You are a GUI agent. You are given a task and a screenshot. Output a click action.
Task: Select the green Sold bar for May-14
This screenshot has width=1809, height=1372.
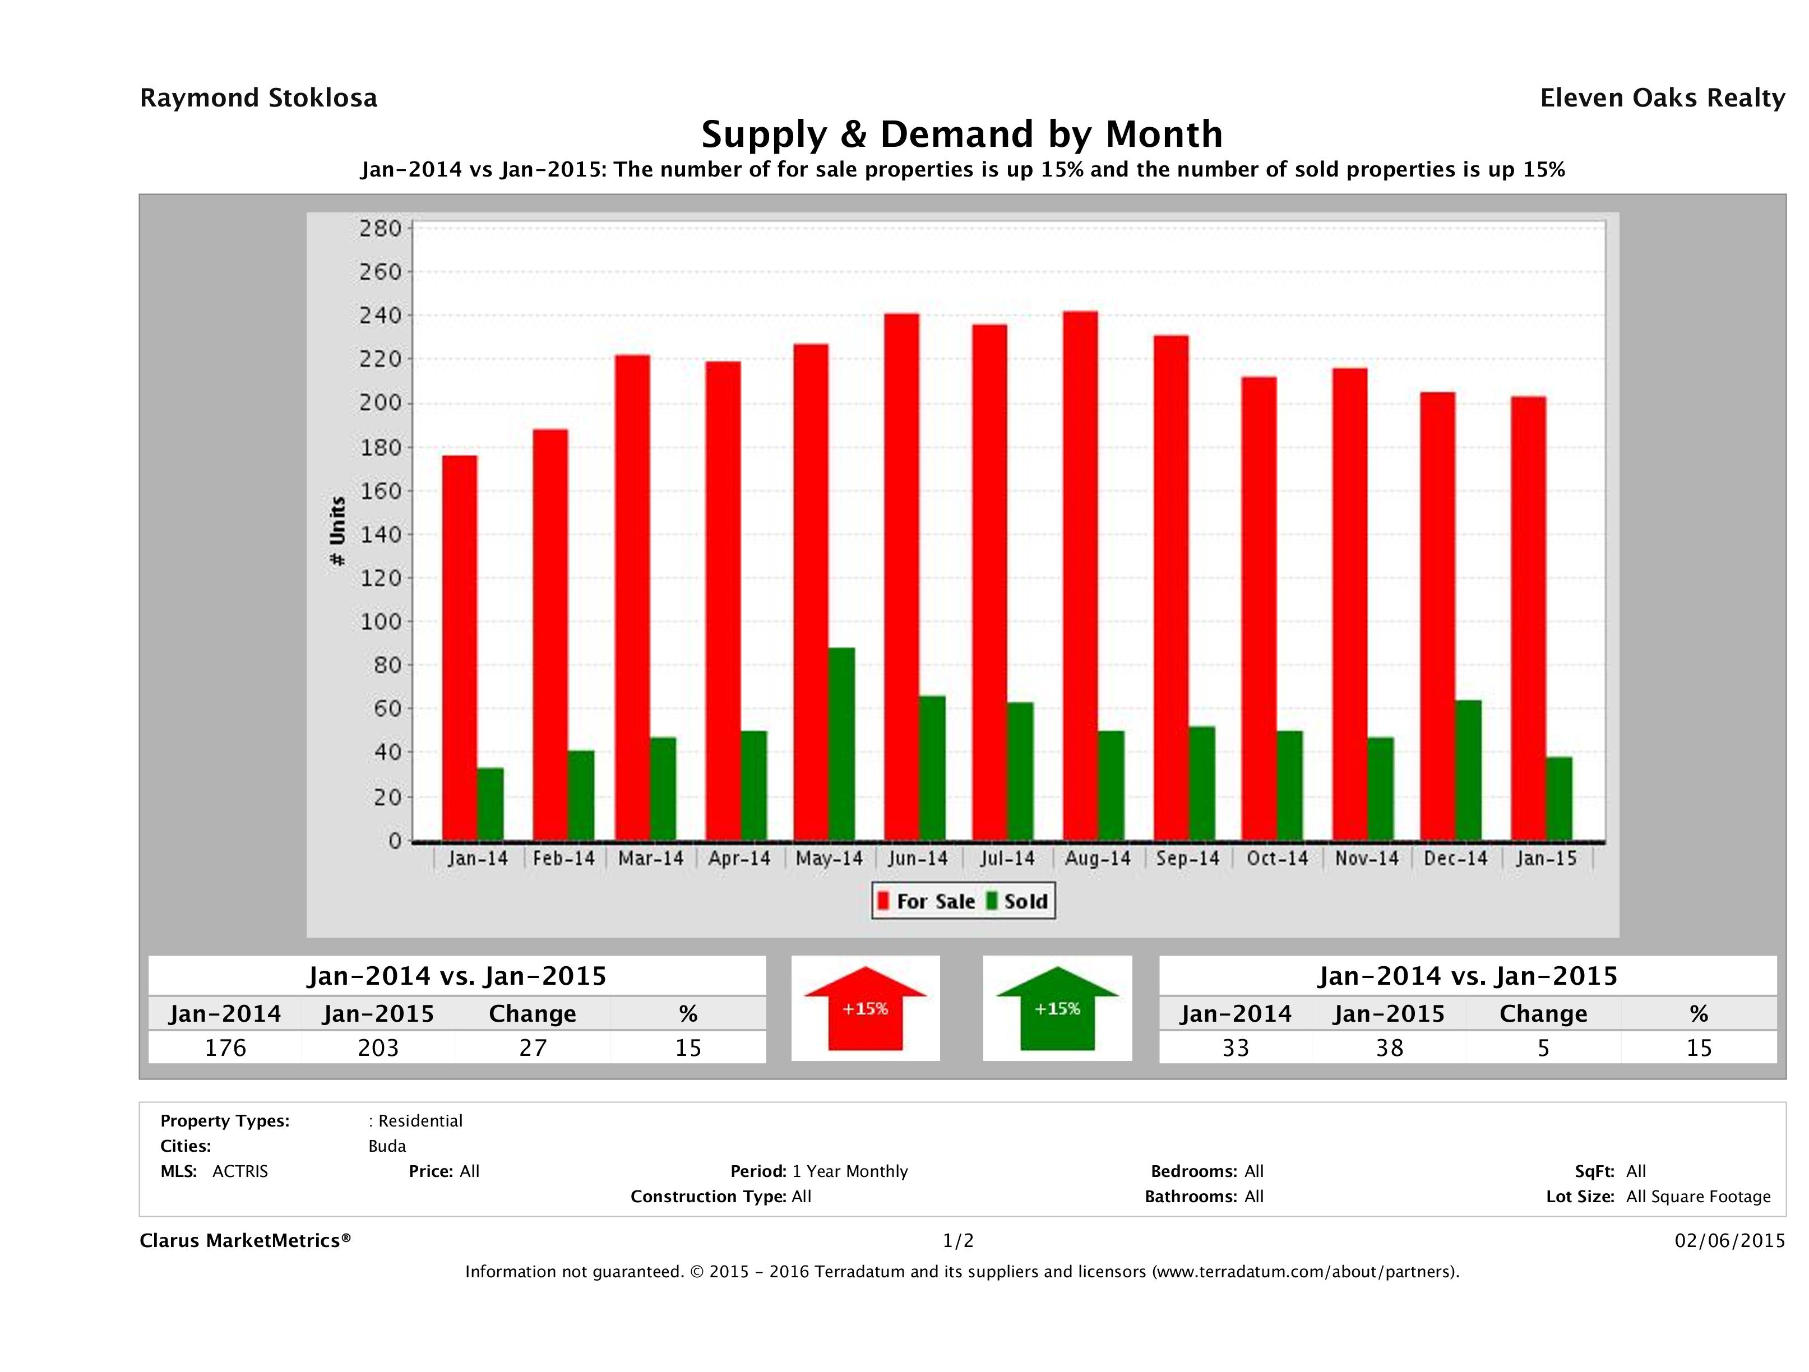[x=841, y=744]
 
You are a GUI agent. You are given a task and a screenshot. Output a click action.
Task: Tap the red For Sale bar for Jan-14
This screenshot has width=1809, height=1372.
[x=460, y=647]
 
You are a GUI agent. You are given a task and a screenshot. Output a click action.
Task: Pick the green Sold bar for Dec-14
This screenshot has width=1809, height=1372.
[x=1468, y=770]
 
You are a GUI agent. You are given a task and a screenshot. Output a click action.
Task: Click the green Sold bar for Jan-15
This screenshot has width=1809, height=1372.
[x=1559, y=799]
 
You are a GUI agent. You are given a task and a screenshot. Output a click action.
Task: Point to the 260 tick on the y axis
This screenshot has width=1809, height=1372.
[x=381, y=272]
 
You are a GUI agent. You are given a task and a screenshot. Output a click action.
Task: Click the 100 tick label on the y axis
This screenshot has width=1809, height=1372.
[x=381, y=622]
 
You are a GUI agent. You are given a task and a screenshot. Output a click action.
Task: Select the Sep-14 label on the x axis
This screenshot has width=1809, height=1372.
[x=1187, y=859]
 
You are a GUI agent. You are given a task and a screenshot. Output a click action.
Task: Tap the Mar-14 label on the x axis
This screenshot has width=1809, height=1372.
[x=650, y=859]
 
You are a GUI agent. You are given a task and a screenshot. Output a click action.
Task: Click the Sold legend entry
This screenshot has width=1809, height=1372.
[x=1017, y=901]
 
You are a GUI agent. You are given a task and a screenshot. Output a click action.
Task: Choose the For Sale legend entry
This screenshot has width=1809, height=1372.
[x=927, y=901]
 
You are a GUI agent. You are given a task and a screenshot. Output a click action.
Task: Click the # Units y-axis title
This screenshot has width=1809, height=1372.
[x=337, y=531]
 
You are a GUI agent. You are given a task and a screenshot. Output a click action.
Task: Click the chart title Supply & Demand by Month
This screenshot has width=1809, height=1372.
[x=962, y=134]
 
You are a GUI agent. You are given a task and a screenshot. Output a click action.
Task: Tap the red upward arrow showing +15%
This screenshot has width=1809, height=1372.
[x=865, y=1008]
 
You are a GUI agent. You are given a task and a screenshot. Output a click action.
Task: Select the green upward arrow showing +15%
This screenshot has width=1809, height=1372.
[x=1057, y=1008]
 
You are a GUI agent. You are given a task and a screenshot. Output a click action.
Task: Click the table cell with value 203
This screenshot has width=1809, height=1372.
[x=378, y=1047]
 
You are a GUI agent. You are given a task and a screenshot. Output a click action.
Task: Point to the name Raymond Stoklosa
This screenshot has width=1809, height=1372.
[x=258, y=98]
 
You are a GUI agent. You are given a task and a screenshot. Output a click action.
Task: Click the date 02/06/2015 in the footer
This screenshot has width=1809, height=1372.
[x=1729, y=1240]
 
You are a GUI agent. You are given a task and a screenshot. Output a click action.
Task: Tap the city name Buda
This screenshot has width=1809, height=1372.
[x=387, y=1146]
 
